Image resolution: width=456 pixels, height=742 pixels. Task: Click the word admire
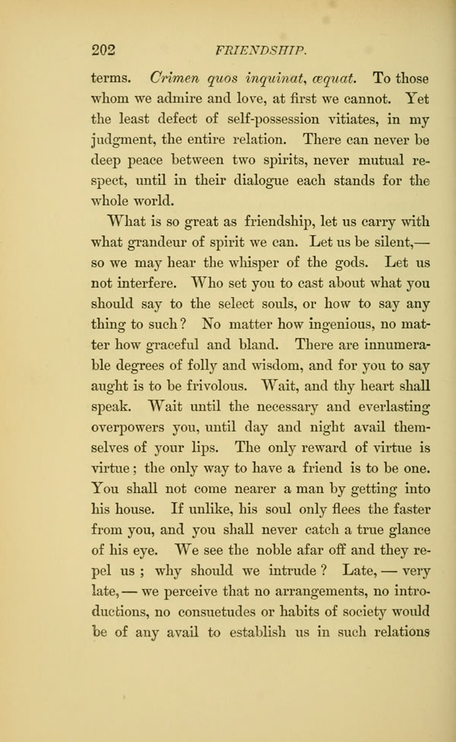[x=166, y=99]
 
